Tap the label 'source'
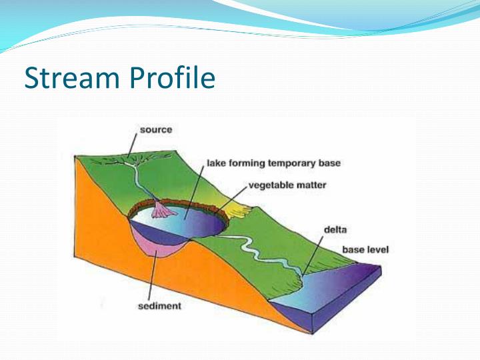point(155,129)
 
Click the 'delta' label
point(335,229)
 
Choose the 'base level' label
point(365,250)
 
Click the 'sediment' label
point(159,307)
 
